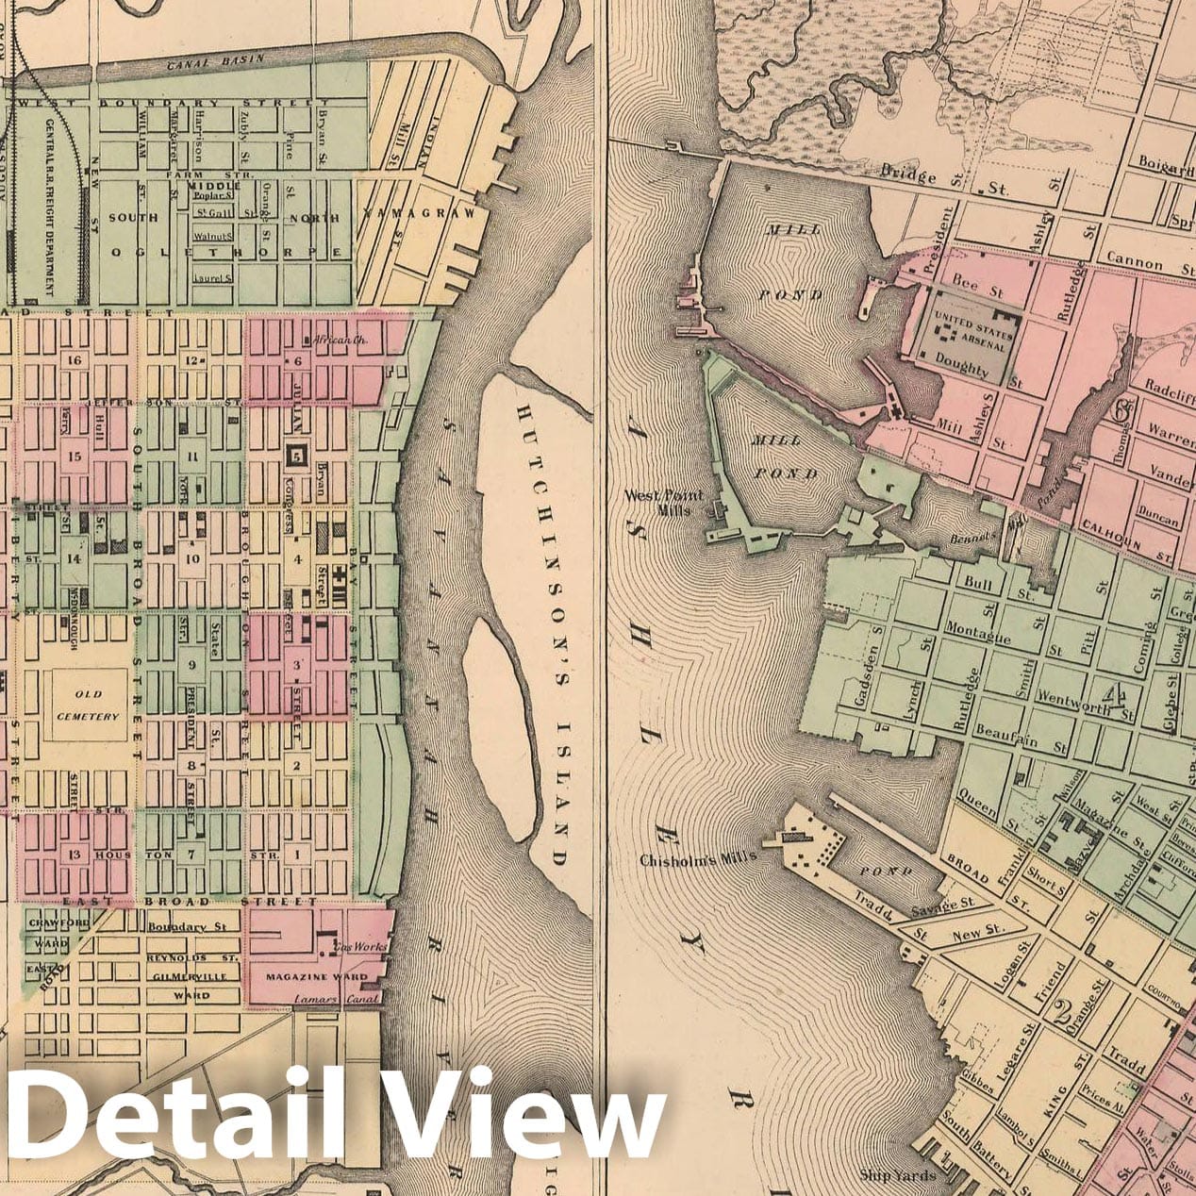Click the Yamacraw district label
[x=421, y=214]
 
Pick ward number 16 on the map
[x=75, y=360]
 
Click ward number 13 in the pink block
[x=75, y=855]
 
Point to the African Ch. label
[x=328, y=339]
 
